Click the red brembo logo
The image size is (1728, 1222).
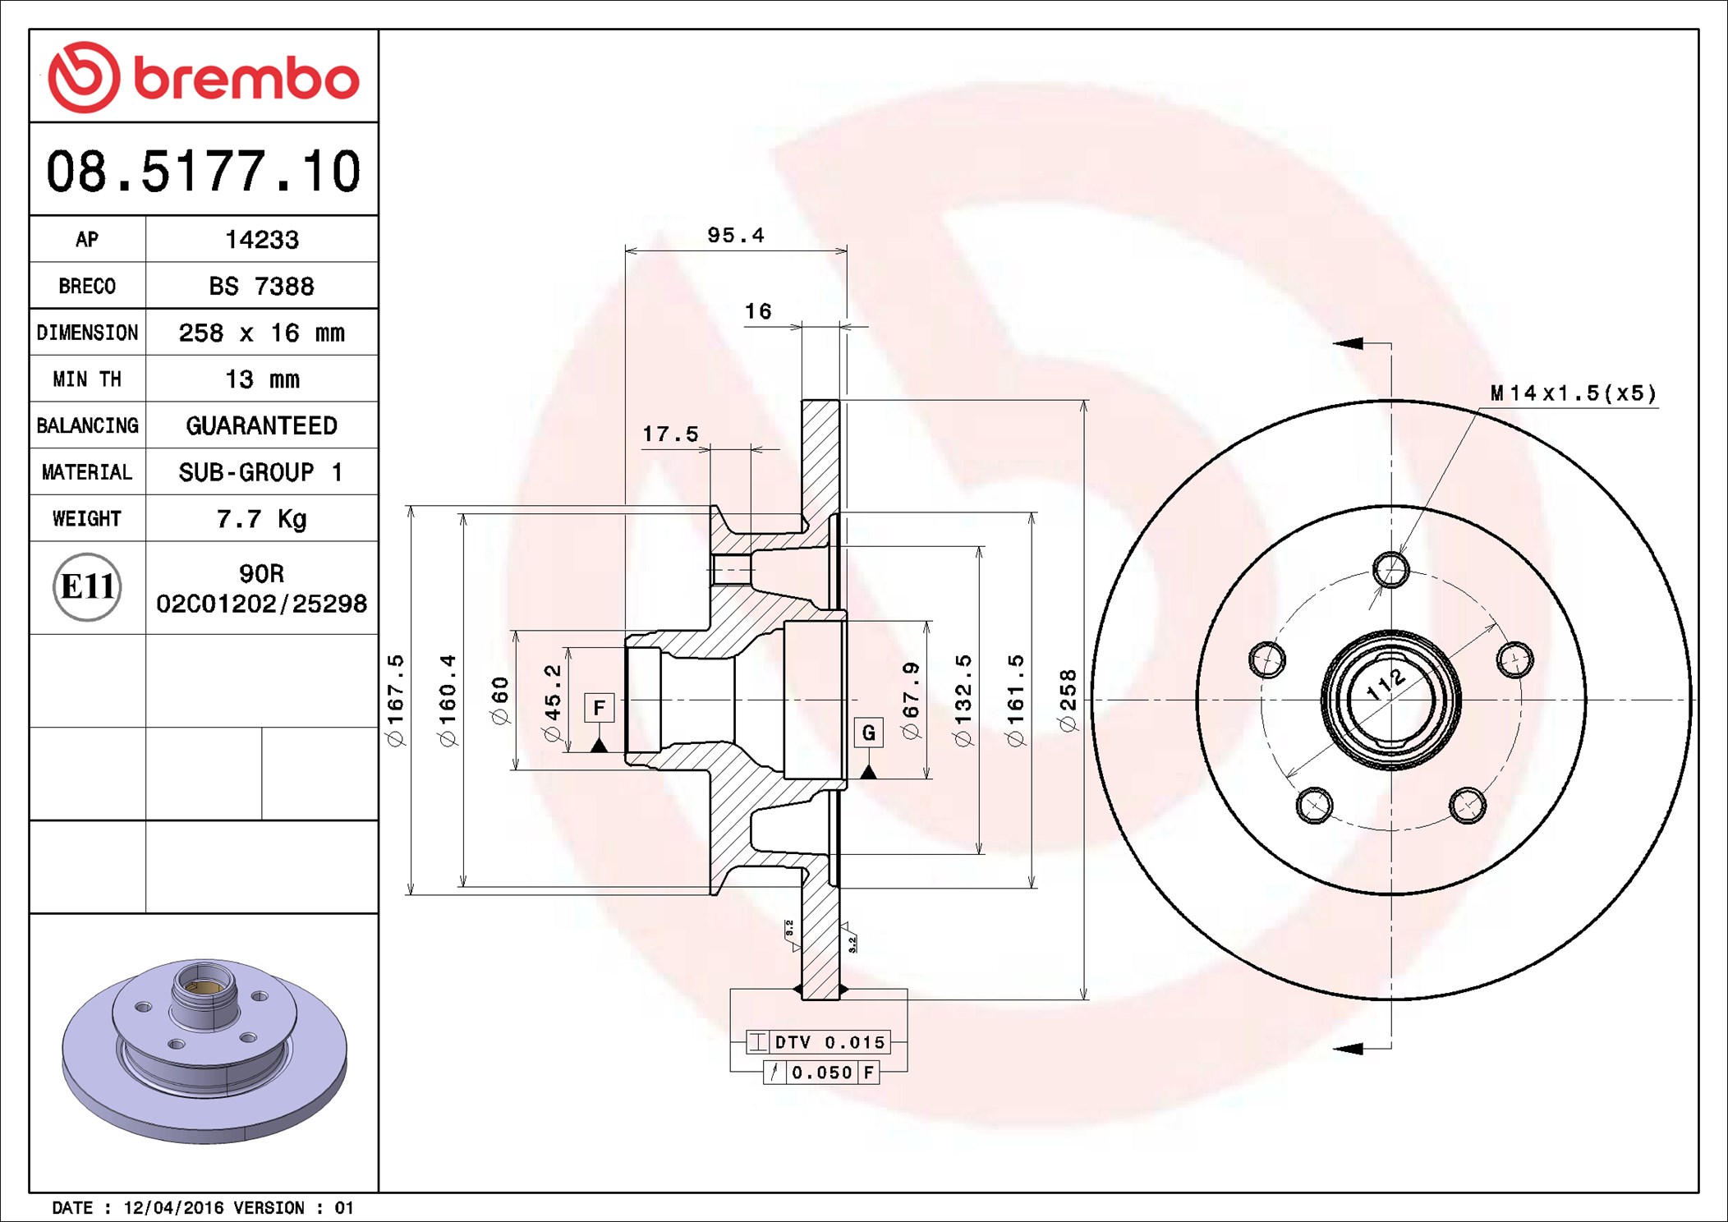point(203,77)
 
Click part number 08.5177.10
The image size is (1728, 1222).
point(203,172)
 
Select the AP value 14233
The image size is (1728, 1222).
point(261,240)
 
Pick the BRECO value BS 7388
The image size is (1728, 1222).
point(261,287)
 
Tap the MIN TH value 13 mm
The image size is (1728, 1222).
point(261,379)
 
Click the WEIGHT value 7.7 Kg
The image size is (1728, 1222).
point(261,519)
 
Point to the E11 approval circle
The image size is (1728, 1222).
point(87,587)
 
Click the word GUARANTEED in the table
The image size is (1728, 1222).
point(261,426)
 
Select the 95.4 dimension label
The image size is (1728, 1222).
point(735,236)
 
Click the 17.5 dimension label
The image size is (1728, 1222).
point(670,434)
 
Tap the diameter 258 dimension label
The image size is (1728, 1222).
point(1068,700)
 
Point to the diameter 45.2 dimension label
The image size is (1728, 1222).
point(553,703)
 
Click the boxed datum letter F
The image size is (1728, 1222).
point(599,708)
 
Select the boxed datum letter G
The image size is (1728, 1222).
point(868,733)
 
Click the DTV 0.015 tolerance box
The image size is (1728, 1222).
point(829,1042)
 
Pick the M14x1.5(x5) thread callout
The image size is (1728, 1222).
point(1573,393)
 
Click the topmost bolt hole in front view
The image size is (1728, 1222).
point(1390,570)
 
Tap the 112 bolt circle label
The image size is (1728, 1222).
point(1386,684)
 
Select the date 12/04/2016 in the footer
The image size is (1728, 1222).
point(173,1208)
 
